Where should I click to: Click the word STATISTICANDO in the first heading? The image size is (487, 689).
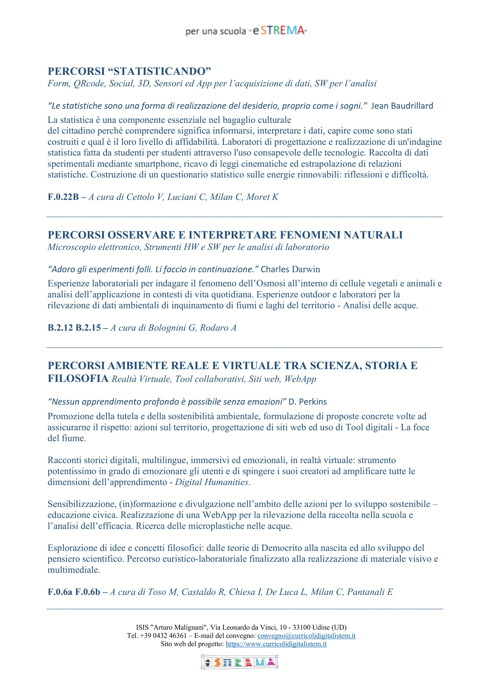tap(159, 71)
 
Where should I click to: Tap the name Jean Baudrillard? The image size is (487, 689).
tap(402, 106)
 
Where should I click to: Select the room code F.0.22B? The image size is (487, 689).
tap(63, 197)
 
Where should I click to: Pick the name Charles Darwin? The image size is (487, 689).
tap(290, 269)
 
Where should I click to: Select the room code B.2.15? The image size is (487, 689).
tap(88, 328)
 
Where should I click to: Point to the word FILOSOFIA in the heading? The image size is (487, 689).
tap(78, 379)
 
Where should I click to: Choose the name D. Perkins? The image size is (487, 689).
tap(308, 402)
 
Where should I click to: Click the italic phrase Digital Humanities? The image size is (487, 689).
tap(212, 482)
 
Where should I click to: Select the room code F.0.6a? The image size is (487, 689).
tap(60, 592)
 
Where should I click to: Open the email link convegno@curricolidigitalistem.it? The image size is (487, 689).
tap(306, 636)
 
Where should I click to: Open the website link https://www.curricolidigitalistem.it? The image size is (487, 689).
tap(276, 644)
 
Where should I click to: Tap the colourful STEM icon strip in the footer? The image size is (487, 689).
tap(240, 662)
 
